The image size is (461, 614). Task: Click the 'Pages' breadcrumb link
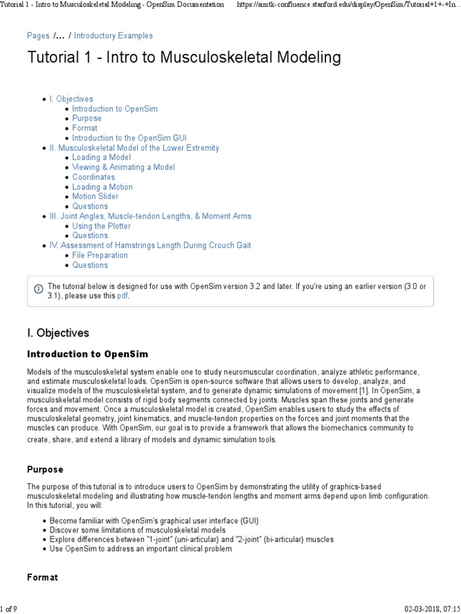[x=38, y=36]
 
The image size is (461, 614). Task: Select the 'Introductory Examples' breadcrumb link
[x=113, y=36]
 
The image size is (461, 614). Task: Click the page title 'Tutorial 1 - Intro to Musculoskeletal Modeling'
[x=184, y=58]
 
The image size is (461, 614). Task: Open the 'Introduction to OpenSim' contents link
[x=115, y=109]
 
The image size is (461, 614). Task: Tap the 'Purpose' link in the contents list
[x=86, y=118]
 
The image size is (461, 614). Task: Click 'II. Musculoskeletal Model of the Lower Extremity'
[x=134, y=148]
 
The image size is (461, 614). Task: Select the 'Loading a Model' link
[x=101, y=158]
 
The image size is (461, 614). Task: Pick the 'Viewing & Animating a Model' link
[x=123, y=167]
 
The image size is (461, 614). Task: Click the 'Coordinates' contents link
[x=93, y=177]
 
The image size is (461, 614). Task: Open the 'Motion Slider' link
[x=95, y=196]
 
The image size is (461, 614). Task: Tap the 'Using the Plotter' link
[x=101, y=226]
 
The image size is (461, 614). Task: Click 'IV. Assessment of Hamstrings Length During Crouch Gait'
[x=150, y=245]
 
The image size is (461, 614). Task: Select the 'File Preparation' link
[x=100, y=255]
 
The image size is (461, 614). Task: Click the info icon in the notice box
[x=38, y=288]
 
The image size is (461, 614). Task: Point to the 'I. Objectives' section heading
[x=58, y=333]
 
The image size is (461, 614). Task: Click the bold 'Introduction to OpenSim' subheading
[x=87, y=354]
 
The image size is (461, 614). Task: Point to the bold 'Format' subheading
[x=43, y=577]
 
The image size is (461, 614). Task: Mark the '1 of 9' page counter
[x=8, y=609]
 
